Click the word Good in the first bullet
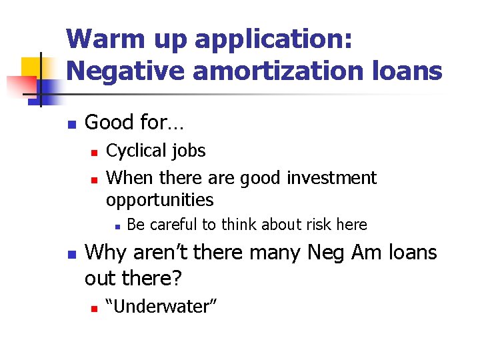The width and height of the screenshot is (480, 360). [x=107, y=122]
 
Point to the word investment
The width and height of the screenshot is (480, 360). [x=331, y=178]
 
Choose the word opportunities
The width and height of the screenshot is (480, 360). [x=160, y=200]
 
